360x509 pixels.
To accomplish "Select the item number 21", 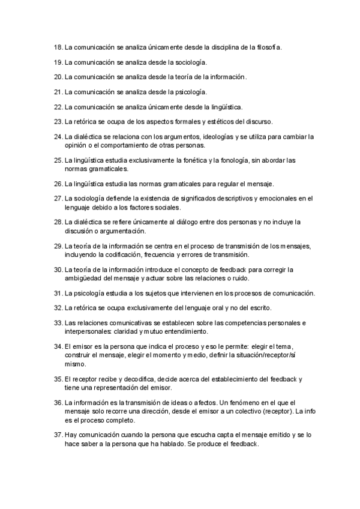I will pyautogui.click(x=58, y=92).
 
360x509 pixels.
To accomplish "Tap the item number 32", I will pyautogui.click(x=58, y=308).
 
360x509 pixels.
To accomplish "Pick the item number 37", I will pyautogui.click(x=58, y=434).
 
